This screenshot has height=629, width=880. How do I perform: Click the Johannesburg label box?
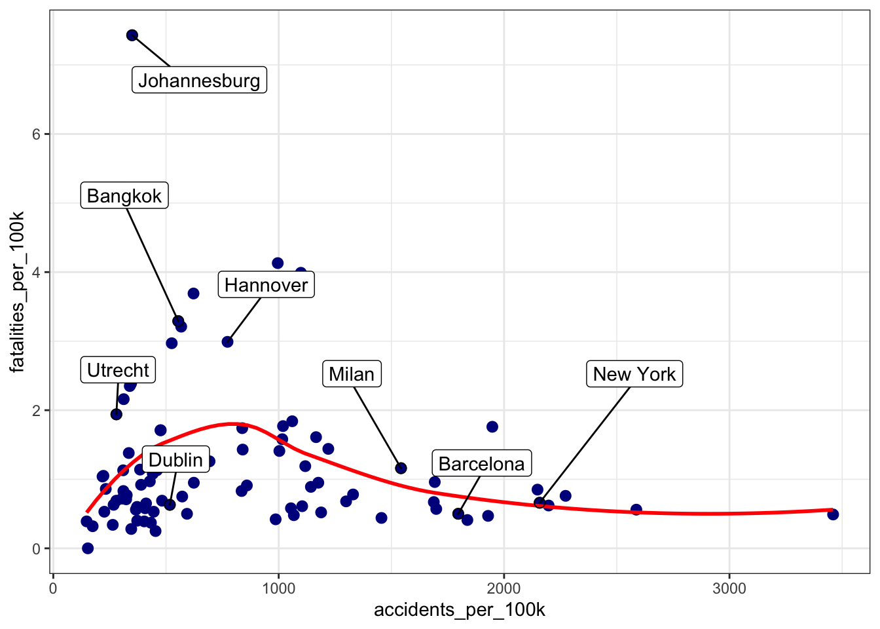click(199, 81)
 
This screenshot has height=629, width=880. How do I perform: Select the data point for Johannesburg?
click(132, 35)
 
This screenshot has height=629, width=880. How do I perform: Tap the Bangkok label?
click(124, 196)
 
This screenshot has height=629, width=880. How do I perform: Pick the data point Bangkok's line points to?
click(178, 321)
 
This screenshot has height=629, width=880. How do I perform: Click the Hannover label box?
click(266, 285)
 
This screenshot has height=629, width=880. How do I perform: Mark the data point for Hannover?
click(227, 342)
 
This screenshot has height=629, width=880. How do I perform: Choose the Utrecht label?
click(118, 370)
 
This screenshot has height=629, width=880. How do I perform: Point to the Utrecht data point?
click(117, 414)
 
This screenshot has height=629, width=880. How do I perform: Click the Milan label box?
click(352, 374)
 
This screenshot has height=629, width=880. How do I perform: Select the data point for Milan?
click(401, 468)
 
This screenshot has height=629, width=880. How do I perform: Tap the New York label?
click(634, 374)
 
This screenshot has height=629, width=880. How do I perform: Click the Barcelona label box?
click(481, 464)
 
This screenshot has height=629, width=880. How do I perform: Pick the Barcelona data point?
click(458, 514)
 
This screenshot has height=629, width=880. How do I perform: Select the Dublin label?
click(175, 460)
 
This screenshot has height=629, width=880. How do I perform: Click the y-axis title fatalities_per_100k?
click(18, 292)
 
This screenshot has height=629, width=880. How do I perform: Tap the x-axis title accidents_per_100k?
click(460, 610)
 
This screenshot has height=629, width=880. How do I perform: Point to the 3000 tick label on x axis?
click(729, 588)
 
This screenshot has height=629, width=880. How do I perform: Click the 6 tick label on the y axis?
click(37, 134)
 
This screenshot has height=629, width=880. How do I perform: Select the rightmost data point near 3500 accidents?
click(833, 514)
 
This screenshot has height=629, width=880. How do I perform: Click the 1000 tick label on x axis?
click(278, 588)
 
